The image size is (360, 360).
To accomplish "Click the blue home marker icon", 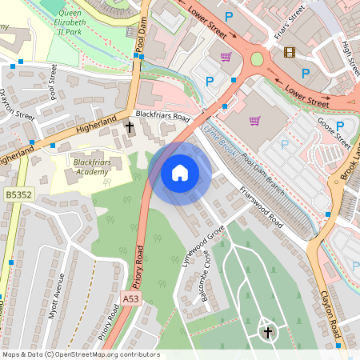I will click(180, 173).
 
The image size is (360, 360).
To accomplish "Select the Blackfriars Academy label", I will click(90, 166).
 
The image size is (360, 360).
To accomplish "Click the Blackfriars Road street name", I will click(162, 117).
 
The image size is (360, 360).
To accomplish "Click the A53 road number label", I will click(130, 298).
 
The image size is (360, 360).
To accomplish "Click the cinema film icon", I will click(288, 53).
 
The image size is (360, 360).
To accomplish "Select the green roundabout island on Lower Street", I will click(257, 58).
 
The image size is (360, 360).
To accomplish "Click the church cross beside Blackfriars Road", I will click(130, 126).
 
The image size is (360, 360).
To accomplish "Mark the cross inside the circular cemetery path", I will click(267, 331).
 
